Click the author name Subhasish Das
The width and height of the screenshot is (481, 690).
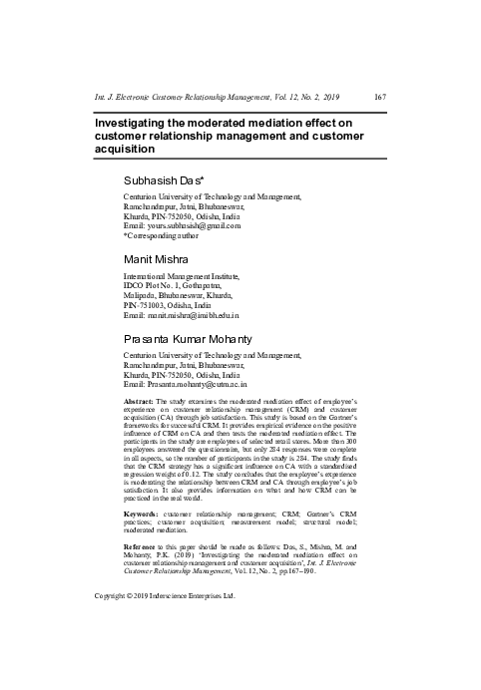coord(165,183)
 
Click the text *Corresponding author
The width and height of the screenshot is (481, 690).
coord(165,237)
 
